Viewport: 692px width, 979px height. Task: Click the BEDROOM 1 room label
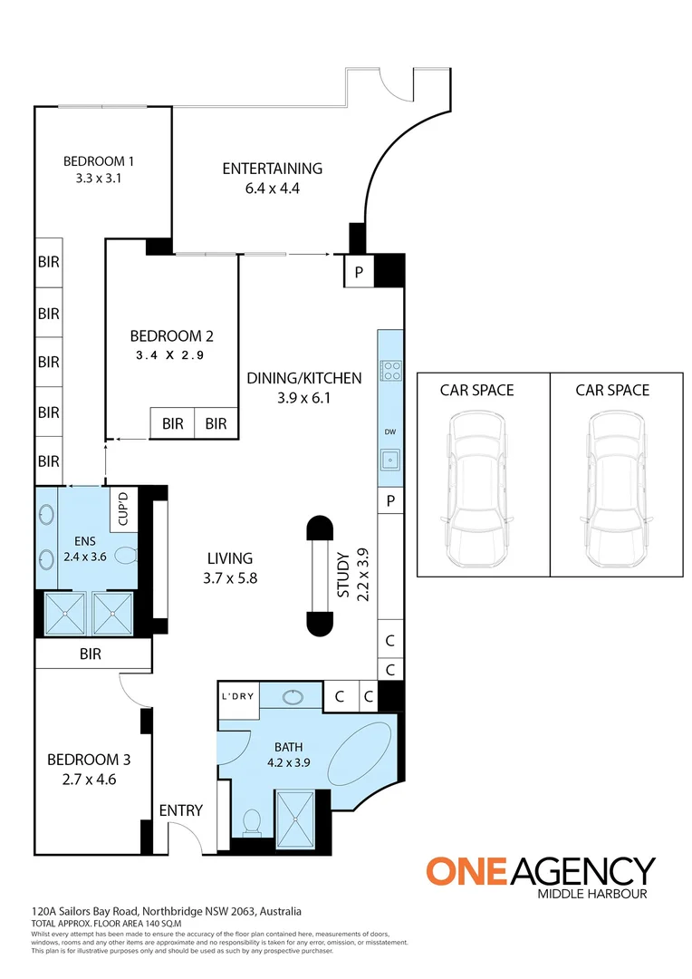pos(98,161)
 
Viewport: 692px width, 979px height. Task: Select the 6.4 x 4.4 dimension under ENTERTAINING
pos(272,189)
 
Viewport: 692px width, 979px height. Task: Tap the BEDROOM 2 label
pos(171,335)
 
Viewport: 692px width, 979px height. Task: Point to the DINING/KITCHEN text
pos(304,378)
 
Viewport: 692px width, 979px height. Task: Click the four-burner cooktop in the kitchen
pos(391,370)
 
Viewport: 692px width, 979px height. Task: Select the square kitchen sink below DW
pos(391,460)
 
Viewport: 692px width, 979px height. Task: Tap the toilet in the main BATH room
pos(252,822)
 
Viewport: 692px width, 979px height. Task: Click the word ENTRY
pos(181,810)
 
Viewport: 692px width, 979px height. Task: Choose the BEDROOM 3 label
pos(83,760)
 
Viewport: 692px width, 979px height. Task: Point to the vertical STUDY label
pos(343,574)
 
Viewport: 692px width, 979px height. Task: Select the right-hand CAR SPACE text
pos(612,390)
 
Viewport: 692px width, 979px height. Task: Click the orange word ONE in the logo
pos(468,871)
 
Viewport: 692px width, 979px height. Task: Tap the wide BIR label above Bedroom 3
pos(90,653)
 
